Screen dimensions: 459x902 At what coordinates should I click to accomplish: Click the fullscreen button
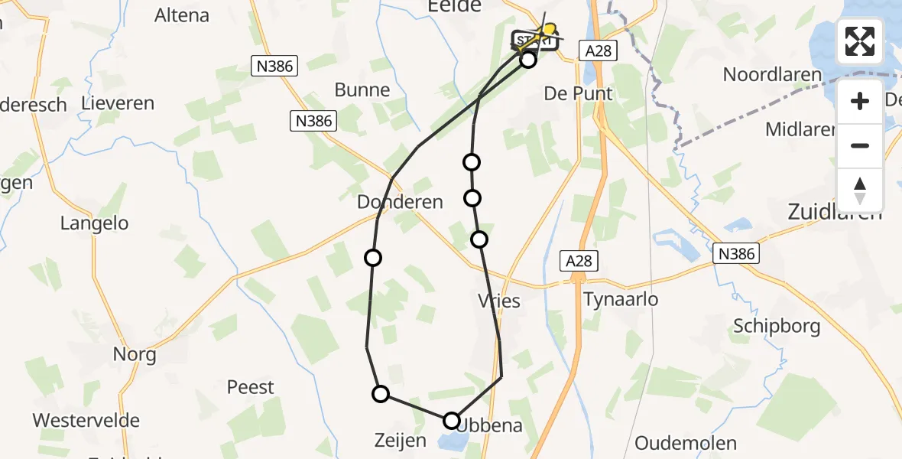coord(860,41)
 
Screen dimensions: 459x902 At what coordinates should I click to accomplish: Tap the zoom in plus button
coord(860,101)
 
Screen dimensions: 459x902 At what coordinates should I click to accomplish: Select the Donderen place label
coord(400,203)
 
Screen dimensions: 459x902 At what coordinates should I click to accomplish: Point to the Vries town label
coord(498,301)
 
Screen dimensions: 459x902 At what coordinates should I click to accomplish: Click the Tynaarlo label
coord(620,299)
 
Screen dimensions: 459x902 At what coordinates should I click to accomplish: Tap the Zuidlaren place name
coord(835,212)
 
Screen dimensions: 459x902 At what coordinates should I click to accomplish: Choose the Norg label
coord(135,354)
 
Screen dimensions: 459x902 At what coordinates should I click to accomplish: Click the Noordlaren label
coord(772,75)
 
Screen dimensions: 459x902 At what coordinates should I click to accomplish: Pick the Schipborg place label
coord(777,326)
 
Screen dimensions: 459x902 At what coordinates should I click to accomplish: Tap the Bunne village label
coord(362,90)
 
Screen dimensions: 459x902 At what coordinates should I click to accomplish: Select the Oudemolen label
coord(686,443)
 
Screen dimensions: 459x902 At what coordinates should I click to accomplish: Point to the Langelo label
coord(95,224)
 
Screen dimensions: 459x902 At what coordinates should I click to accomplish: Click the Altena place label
coord(182,15)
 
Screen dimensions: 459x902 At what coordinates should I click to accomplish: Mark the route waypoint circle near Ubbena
coord(452,420)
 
